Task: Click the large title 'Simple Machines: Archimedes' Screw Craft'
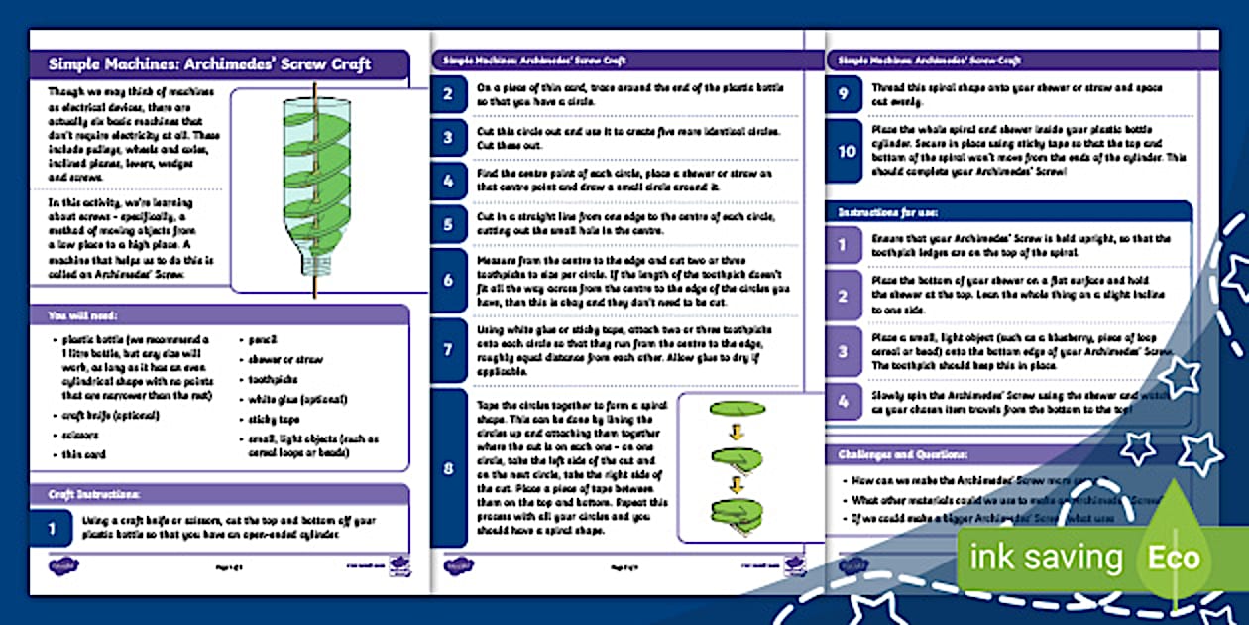click(x=209, y=64)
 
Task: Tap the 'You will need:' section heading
click(x=83, y=315)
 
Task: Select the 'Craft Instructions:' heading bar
click(x=95, y=494)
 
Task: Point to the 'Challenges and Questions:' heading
click(x=903, y=454)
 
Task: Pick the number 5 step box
click(x=449, y=224)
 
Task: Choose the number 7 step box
click(x=449, y=350)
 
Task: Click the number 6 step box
click(x=449, y=281)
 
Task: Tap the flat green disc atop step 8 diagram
click(x=736, y=409)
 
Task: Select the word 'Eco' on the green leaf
click(x=1174, y=558)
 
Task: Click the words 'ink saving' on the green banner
click(x=1046, y=558)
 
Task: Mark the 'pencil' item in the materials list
click(x=263, y=339)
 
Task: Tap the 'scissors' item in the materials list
click(x=74, y=435)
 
